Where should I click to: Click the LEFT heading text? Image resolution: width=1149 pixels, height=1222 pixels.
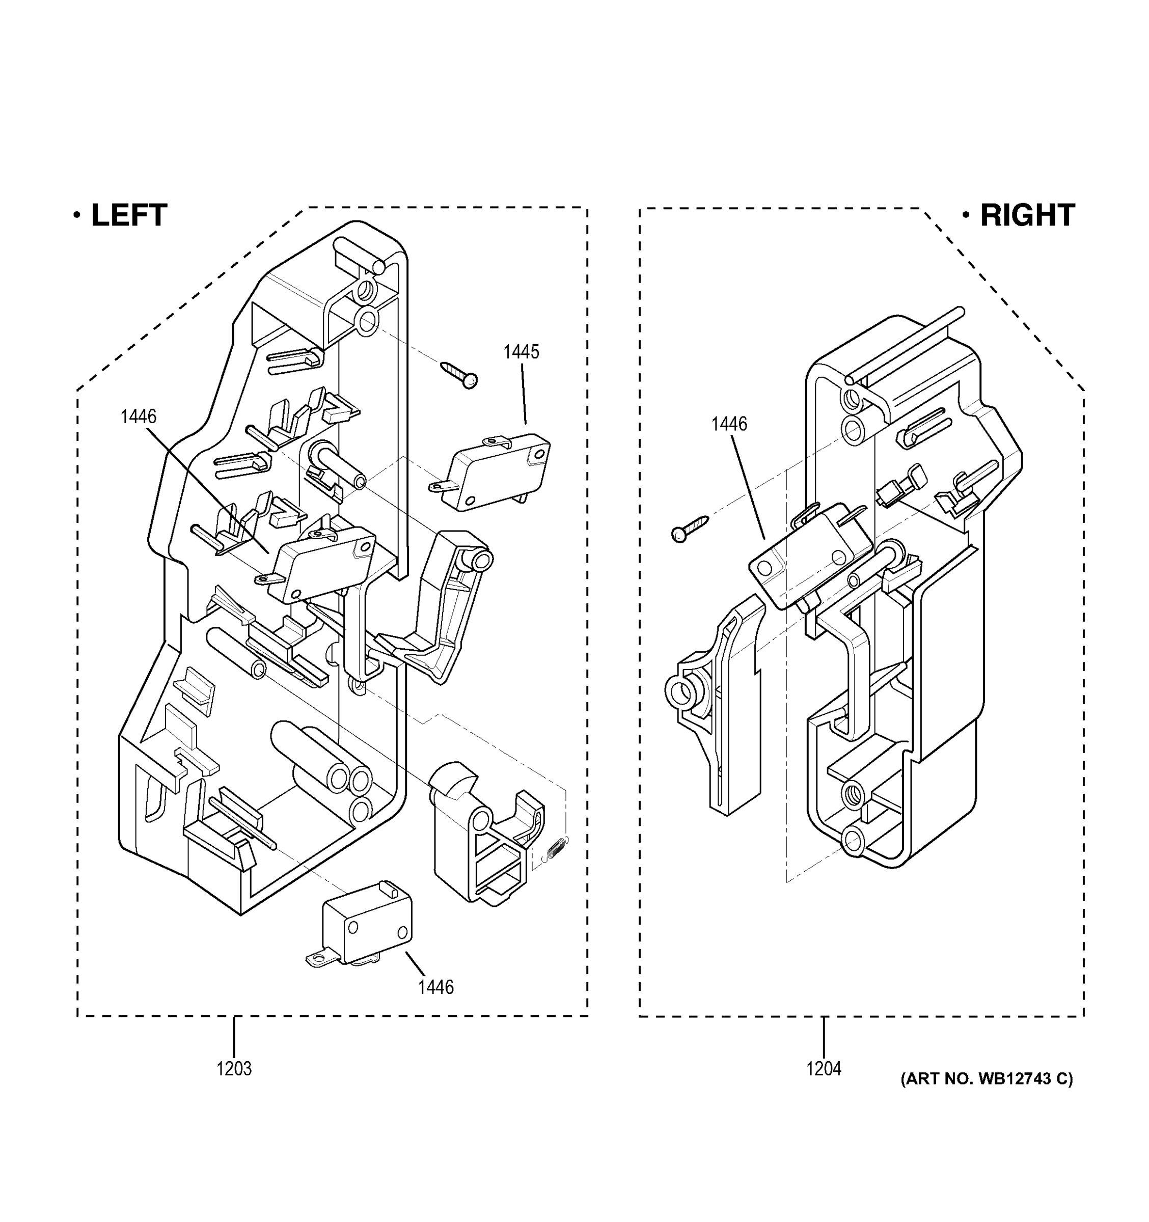pos(128,215)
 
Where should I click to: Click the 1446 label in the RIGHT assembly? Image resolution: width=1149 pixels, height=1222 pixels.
pos(729,424)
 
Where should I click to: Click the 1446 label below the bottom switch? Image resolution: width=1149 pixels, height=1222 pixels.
pos(435,987)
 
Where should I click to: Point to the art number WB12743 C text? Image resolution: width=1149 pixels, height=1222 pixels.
pos(986,1079)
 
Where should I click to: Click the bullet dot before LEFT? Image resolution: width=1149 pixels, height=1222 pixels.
pos(77,215)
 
